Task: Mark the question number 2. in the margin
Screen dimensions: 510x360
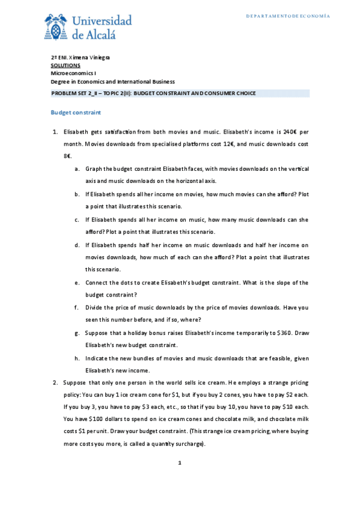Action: (54, 382)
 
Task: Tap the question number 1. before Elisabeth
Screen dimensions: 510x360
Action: (54, 131)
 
